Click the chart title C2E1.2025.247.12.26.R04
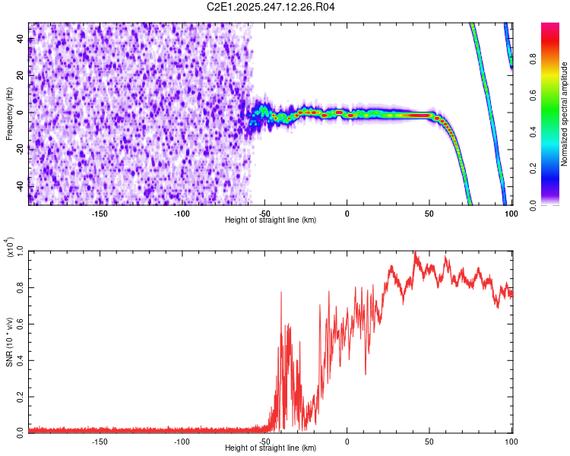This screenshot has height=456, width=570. tap(271, 8)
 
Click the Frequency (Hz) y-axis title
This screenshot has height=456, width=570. tap(10, 114)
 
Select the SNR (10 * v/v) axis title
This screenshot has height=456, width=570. tap(10, 340)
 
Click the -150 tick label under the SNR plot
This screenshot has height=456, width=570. tap(99, 442)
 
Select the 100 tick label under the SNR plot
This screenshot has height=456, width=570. tap(511, 442)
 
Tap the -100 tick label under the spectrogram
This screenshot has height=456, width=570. tap(182, 214)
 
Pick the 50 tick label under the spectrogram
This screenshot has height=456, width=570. tap(429, 214)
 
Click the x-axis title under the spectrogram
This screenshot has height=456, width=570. tap(271, 220)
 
